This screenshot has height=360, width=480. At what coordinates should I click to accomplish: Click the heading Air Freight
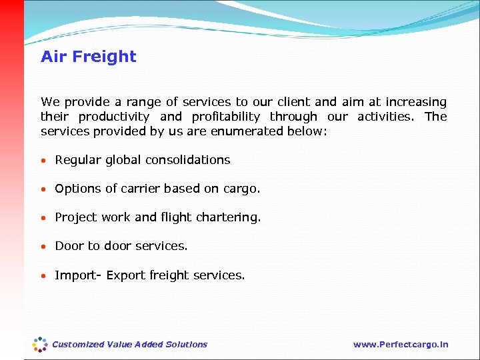tap(88, 57)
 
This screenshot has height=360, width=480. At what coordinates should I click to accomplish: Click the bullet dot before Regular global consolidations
tap(44, 161)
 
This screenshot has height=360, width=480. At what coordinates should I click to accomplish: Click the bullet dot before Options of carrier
tap(44, 189)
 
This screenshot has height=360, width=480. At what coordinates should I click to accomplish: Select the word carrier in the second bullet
tap(139, 189)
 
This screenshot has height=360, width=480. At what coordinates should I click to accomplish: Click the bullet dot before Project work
tap(44, 218)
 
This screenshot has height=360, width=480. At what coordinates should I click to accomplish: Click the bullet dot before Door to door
tap(44, 247)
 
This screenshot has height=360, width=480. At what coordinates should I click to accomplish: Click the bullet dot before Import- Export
tap(44, 275)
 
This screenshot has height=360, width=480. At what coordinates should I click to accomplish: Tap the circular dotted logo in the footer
tap(40, 344)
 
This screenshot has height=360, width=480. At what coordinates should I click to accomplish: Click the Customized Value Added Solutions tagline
tap(129, 345)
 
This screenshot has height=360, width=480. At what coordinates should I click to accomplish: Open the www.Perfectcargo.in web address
tap(401, 345)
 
